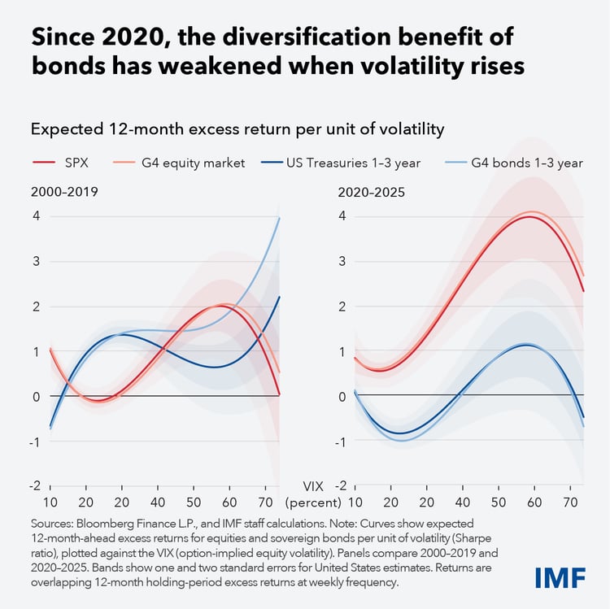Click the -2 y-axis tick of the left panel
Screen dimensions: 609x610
tap(34, 485)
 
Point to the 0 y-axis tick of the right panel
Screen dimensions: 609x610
tap(342, 396)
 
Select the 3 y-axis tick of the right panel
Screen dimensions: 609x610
tap(342, 261)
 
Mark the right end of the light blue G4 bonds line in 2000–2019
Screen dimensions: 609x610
tap(280, 217)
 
